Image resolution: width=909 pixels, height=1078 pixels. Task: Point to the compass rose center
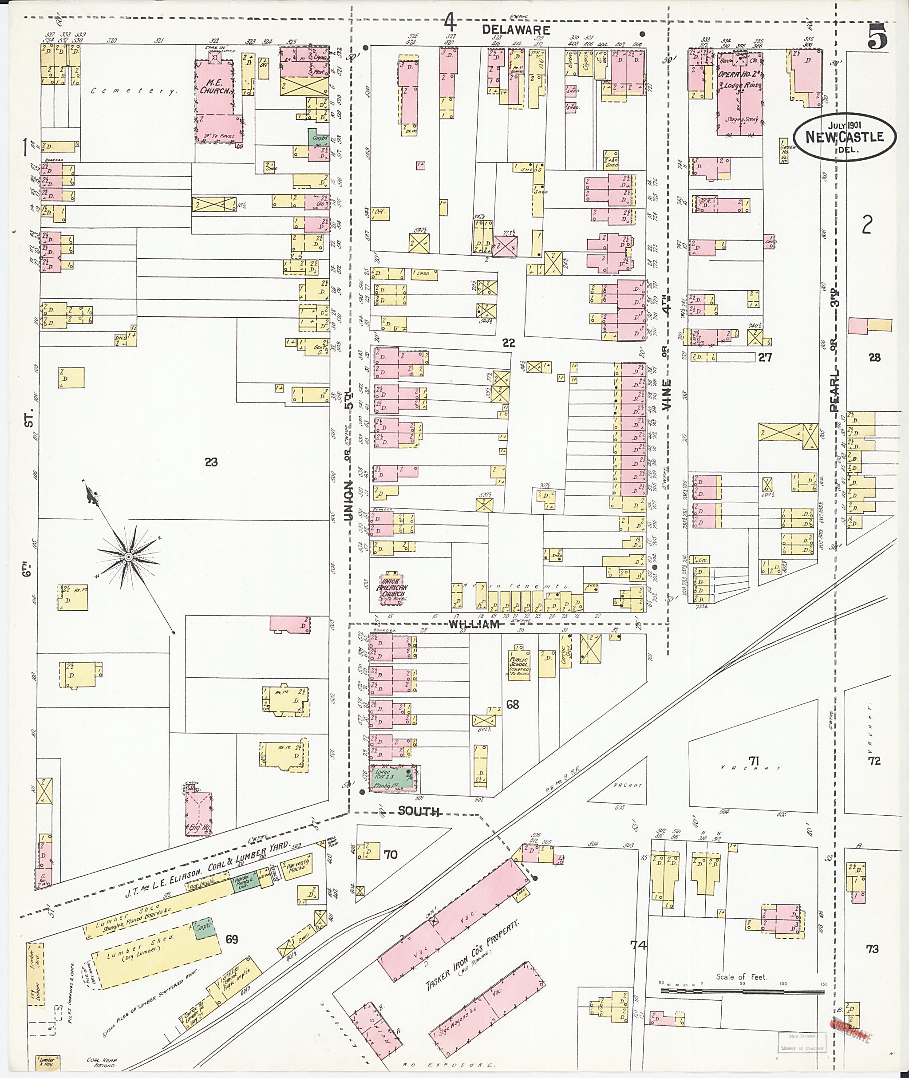point(128,557)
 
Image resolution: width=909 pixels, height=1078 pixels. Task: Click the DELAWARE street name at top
point(516,30)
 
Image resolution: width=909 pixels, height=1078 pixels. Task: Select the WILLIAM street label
point(474,624)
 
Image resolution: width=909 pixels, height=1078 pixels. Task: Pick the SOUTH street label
point(419,812)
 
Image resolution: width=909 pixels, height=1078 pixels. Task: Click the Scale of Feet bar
point(742,991)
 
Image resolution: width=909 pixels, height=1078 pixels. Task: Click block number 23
point(211,462)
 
